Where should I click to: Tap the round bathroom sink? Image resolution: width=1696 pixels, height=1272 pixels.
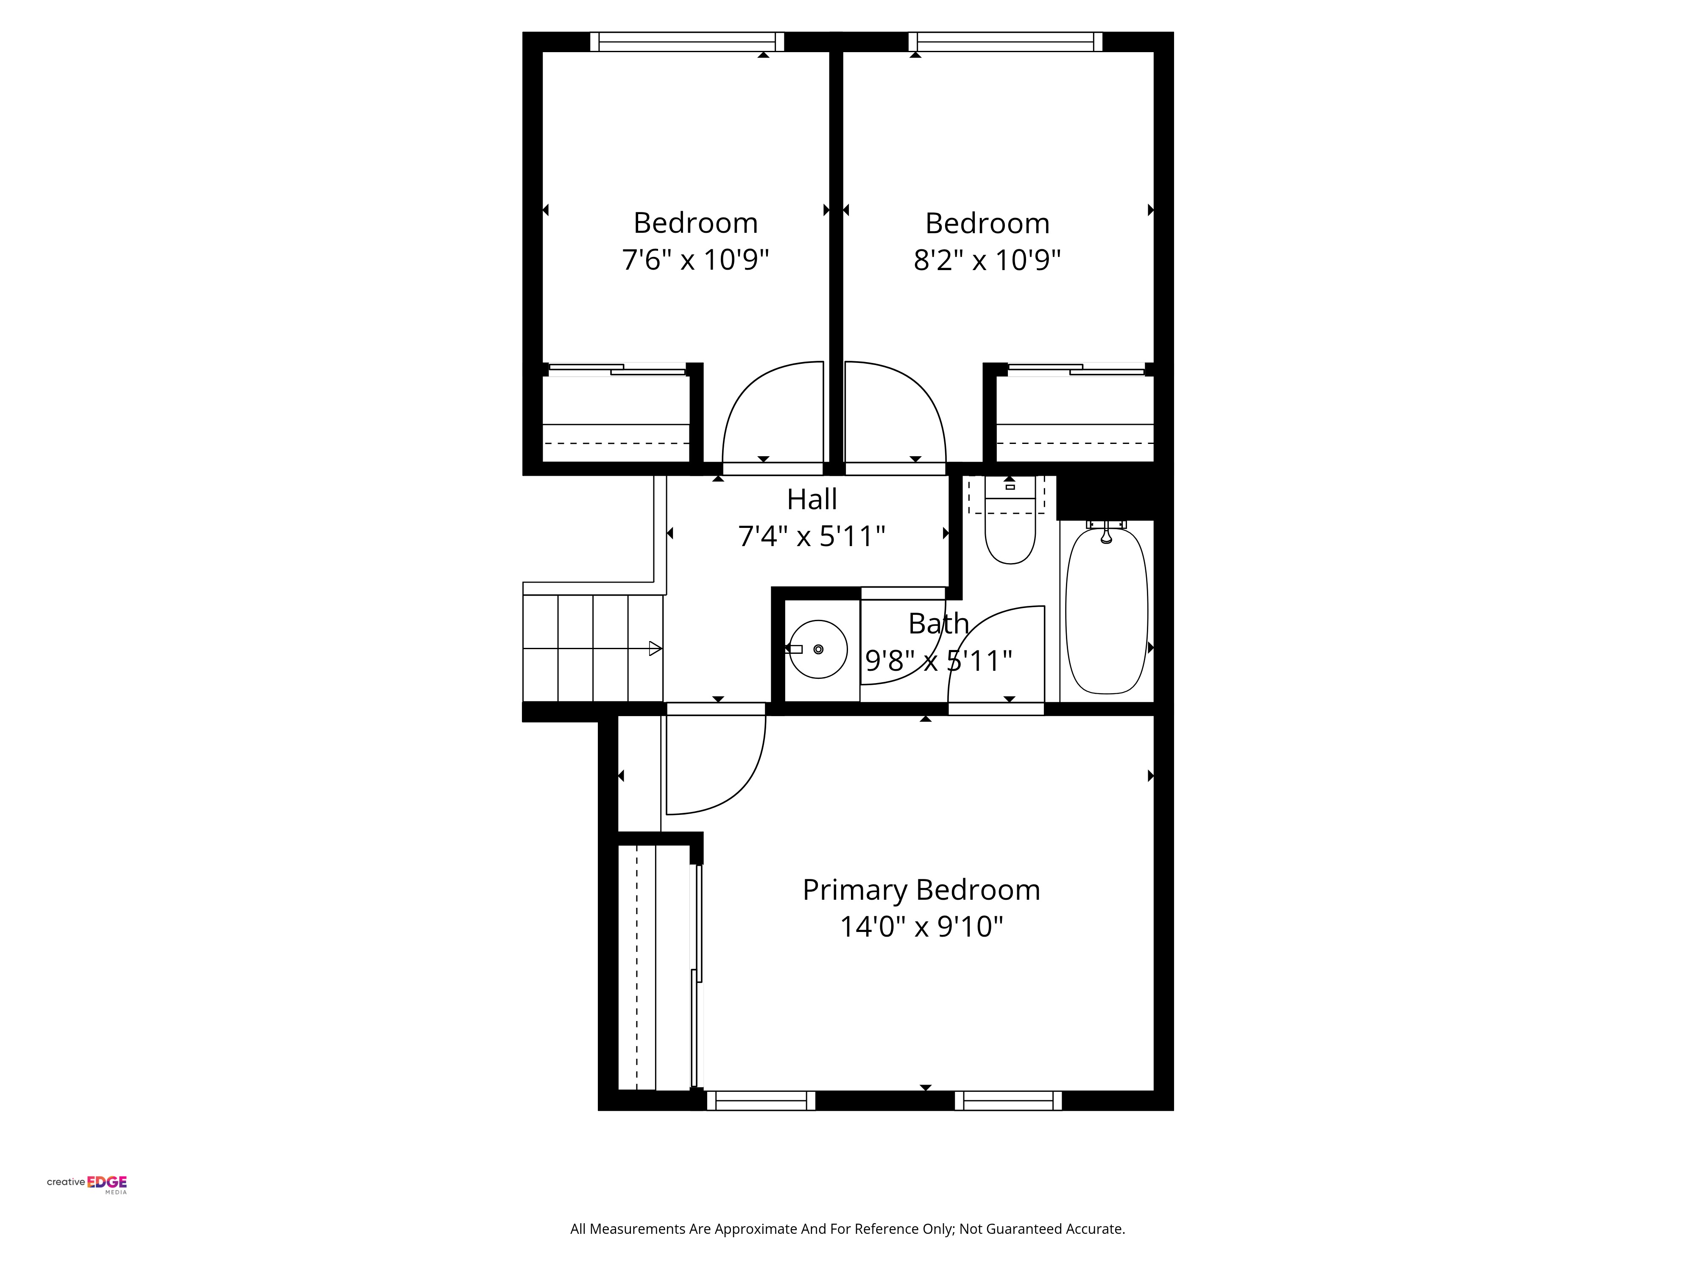(818, 650)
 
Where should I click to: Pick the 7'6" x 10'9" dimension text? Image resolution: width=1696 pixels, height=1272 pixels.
(695, 260)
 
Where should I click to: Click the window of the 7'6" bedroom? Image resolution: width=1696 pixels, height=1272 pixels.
(687, 42)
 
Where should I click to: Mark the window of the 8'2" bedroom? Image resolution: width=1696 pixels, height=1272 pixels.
(1005, 42)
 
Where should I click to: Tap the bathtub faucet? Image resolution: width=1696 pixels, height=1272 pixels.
(1106, 533)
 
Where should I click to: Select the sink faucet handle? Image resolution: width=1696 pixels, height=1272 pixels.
(794, 650)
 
